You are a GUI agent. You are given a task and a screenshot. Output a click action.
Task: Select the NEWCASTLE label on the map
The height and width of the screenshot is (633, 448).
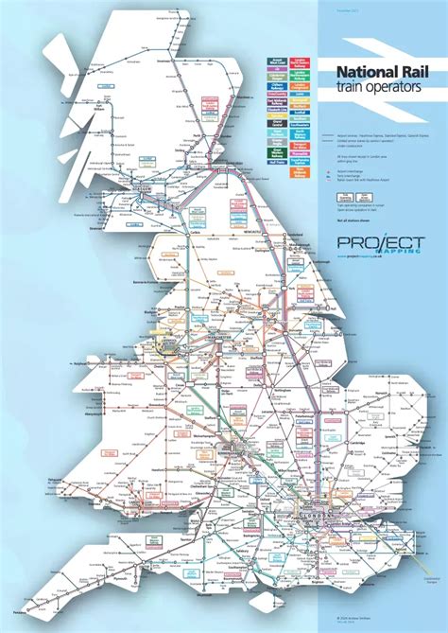tap(253, 227)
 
